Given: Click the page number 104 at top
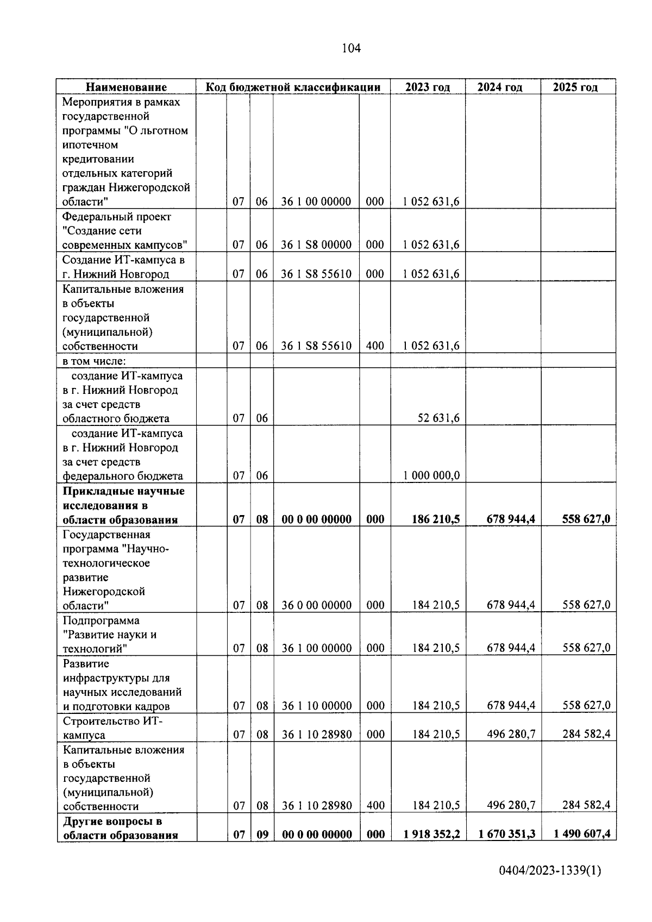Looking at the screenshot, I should click(351, 48).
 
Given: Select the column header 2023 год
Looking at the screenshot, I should click(428, 87).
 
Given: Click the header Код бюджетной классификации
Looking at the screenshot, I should click(292, 87).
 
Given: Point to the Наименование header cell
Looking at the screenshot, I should click(126, 87).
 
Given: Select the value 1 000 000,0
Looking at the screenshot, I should click(431, 475).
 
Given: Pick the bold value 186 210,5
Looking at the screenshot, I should click(436, 519).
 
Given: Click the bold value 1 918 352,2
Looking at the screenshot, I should click(431, 834).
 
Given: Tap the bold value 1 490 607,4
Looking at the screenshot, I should click(582, 834).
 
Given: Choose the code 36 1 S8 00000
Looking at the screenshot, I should click(316, 244).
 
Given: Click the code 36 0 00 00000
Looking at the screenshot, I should click(316, 605).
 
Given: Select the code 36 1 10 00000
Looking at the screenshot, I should click(316, 706).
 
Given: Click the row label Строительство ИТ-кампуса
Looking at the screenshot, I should click(112, 728).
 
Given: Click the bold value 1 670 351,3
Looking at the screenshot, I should click(506, 834).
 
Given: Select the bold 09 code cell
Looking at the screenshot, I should click(262, 834).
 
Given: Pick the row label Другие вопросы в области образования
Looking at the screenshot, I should click(120, 828).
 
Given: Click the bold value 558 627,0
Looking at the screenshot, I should click(586, 519).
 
